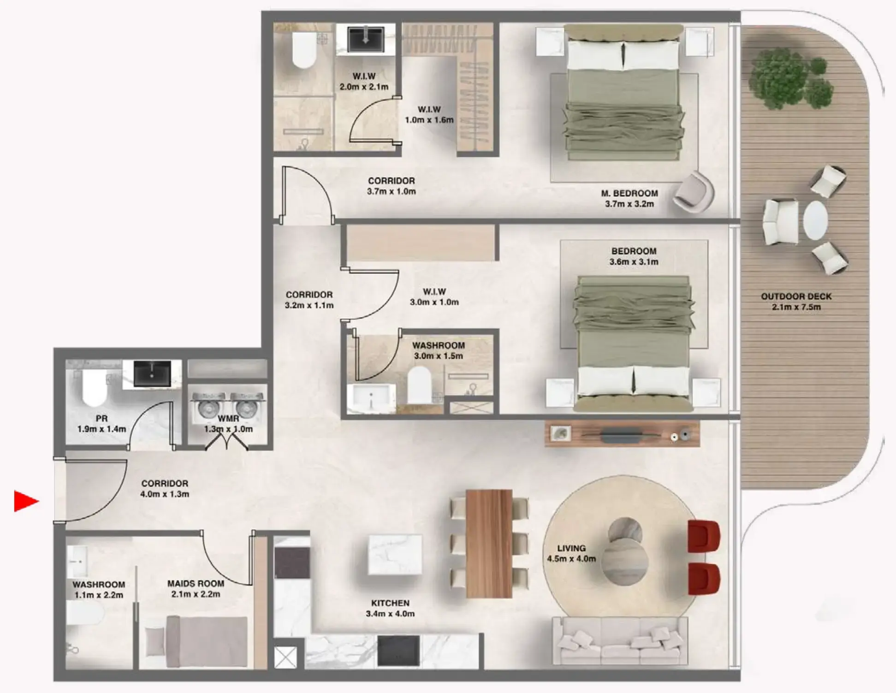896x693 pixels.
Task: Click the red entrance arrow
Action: pos(26,501)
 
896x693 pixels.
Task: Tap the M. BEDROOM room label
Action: pos(629,194)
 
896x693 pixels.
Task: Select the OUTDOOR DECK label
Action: pos(796,296)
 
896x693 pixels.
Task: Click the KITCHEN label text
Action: pos(390,603)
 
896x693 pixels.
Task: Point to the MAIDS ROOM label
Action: pos(196,584)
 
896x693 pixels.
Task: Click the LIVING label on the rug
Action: pos(571,548)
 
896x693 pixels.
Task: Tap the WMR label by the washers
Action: pos(228,419)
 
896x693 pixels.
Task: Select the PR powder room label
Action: pos(101,419)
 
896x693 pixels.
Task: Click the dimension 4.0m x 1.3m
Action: pos(165,494)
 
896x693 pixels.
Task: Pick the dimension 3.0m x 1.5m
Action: pos(438,356)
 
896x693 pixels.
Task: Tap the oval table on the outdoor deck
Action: pos(815,220)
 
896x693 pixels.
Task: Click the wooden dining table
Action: pos(489,543)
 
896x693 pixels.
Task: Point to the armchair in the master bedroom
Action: pos(693,192)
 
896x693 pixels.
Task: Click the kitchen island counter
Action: pos(395,554)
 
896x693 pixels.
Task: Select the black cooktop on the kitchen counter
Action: pos(398,651)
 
